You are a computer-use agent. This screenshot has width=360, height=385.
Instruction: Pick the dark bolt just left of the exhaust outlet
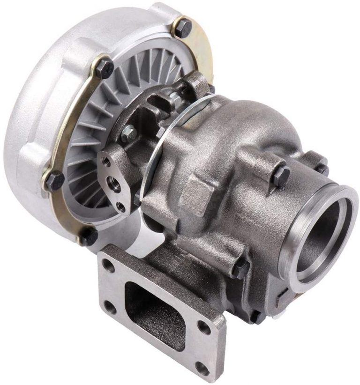(281, 175)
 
